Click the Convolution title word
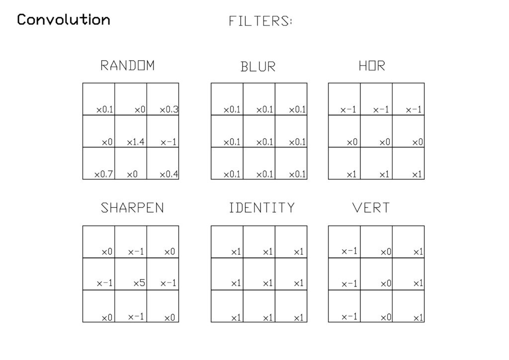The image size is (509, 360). click(x=64, y=19)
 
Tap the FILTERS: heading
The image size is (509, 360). click(x=260, y=21)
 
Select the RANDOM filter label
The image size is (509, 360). click(x=127, y=66)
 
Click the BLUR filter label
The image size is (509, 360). click(x=258, y=67)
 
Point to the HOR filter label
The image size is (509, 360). click(x=372, y=66)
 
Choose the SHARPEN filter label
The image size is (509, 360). click(x=132, y=208)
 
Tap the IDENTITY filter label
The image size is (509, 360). click(x=261, y=208)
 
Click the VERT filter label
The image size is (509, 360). click(x=371, y=208)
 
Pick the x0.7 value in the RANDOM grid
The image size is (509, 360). click(x=103, y=175)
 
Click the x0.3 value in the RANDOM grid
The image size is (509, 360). click(x=169, y=110)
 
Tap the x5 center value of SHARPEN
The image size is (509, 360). click(x=139, y=283)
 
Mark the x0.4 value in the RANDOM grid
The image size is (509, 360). click(x=169, y=175)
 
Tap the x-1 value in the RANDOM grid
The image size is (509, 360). click(x=169, y=142)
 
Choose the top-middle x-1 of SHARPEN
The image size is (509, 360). click(x=136, y=252)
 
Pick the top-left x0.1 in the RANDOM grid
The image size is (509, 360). click(x=104, y=110)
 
